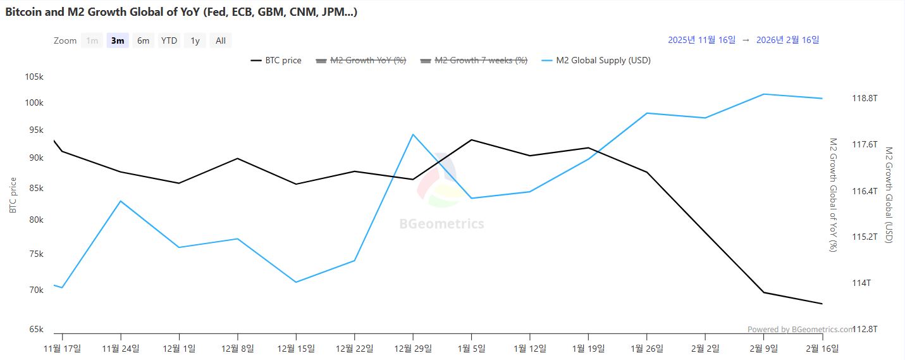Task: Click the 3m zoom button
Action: click(118, 40)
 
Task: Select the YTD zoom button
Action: click(169, 40)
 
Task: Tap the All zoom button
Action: click(220, 40)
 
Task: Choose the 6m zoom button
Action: click(144, 40)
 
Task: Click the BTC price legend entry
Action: click(276, 61)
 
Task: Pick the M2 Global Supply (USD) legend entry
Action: click(596, 61)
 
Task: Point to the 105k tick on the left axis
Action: click(34, 77)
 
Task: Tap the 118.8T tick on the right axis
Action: click(865, 98)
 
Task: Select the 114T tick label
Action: click(861, 283)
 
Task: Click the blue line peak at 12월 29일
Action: click(413, 134)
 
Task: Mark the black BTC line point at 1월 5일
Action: click(471, 140)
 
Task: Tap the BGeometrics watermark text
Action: click(441, 223)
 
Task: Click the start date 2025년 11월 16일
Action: click(701, 40)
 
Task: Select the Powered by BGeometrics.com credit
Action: click(800, 329)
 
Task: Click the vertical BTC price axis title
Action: click(13, 195)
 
